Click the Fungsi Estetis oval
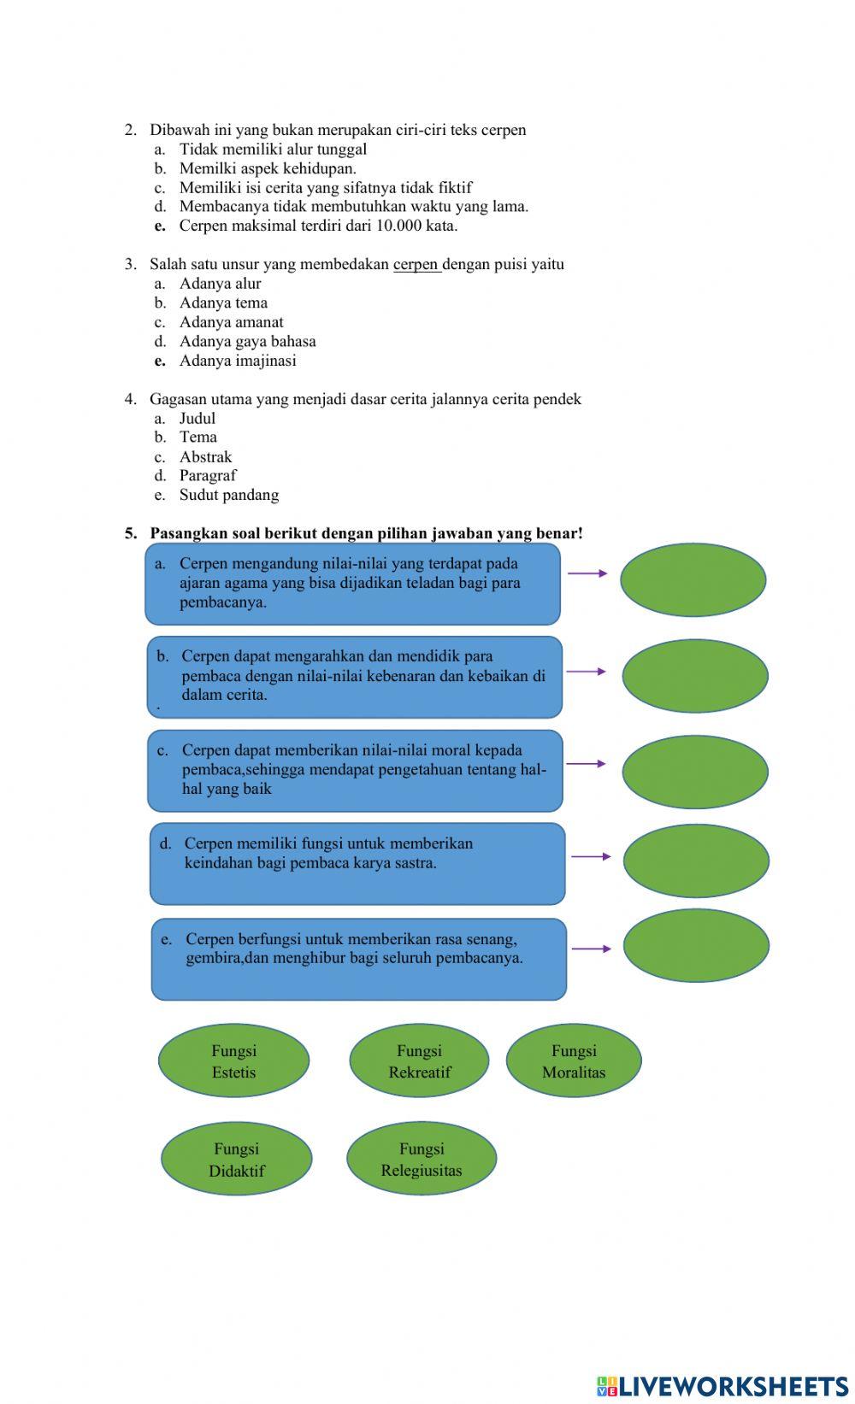(x=234, y=1060)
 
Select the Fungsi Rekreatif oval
(x=419, y=1060)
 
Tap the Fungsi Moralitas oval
(x=574, y=1060)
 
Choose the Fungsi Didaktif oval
(x=237, y=1159)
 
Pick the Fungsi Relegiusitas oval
(x=422, y=1159)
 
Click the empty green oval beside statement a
(x=693, y=579)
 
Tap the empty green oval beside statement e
(x=696, y=945)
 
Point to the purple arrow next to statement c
(x=586, y=763)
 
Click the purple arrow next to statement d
(x=591, y=856)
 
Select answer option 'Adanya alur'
(x=221, y=284)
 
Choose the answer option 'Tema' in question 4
(x=198, y=437)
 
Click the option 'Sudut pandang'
(x=229, y=495)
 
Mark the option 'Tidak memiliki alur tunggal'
(x=273, y=150)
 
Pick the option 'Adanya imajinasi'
(x=238, y=361)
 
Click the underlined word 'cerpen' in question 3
(x=416, y=265)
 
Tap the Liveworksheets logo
(x=722, y=1386)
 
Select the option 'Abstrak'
(x=206, y=456)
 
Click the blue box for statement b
(x=355, y=677)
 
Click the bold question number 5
(x=131, y=533)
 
